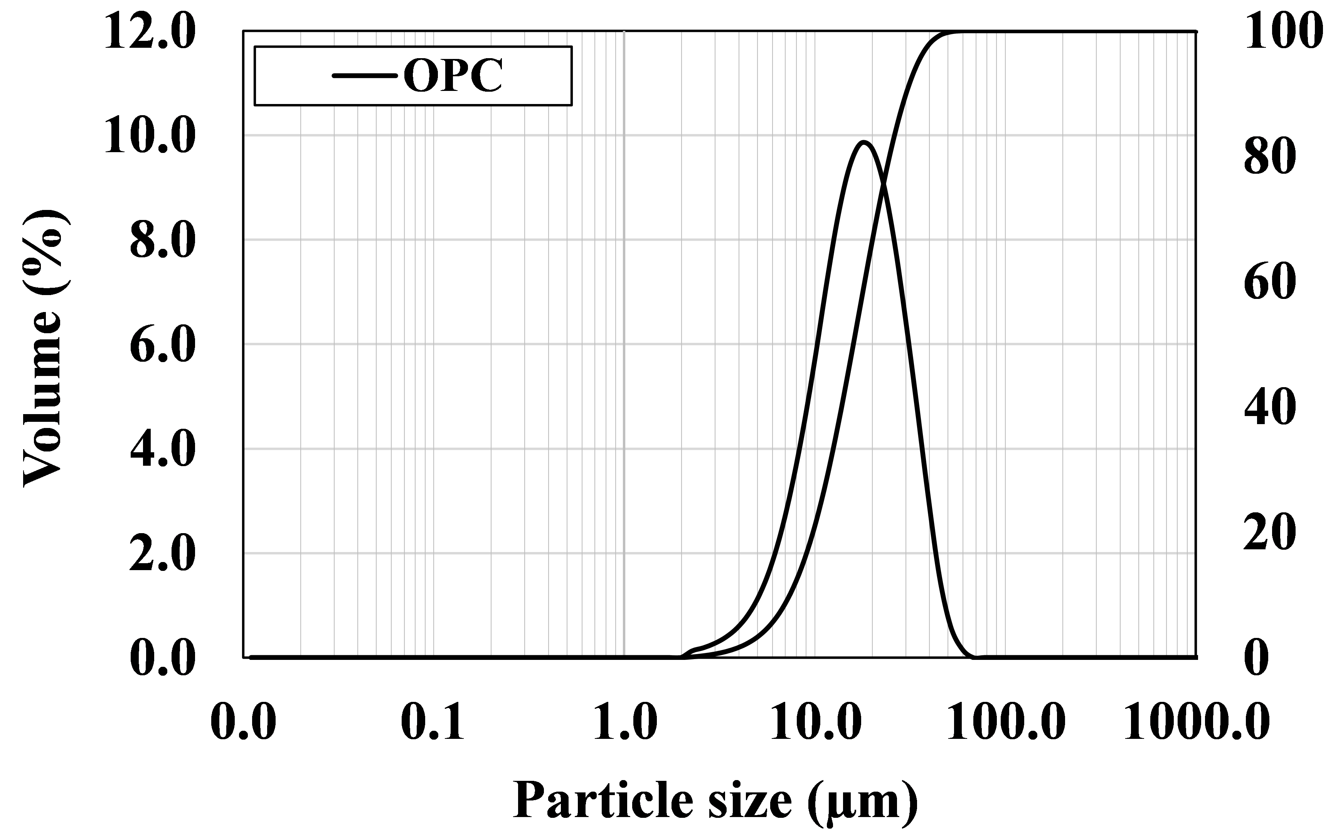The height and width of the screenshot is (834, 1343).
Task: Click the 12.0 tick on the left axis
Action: click(149, 32)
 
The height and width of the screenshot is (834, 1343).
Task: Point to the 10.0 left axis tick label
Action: click(149, 136)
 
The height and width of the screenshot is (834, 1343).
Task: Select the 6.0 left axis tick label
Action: click(162, 345)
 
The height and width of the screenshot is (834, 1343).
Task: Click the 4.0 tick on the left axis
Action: click(162, 449)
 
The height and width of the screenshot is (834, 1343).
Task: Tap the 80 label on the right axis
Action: click(1270, 157)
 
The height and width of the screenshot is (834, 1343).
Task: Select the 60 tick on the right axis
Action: click(1270, 282)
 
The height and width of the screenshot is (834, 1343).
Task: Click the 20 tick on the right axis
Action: click(1270, 532)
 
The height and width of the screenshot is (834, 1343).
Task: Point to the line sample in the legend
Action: click(364, 76)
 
